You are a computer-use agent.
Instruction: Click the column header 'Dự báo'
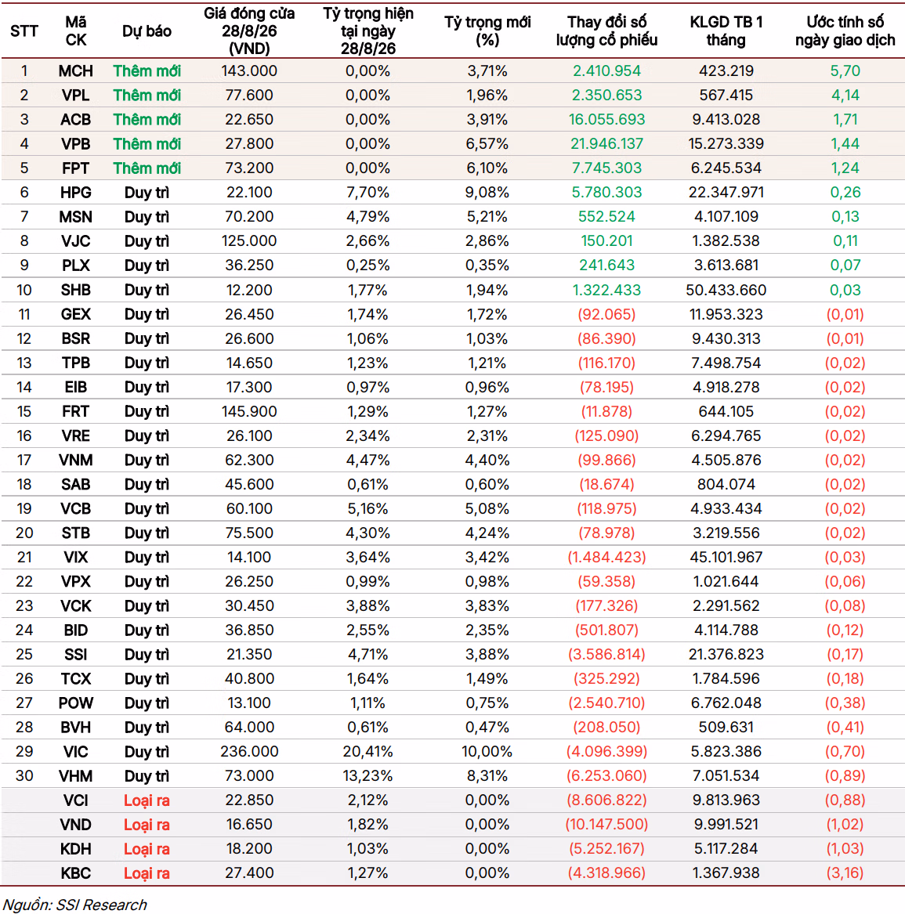point(147,31)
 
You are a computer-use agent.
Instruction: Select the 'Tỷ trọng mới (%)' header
point(487,31)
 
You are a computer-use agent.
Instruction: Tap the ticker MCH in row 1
point(76,71)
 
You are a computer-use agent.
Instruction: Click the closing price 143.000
point(249,71)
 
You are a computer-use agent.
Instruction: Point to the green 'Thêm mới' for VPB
point(147,144)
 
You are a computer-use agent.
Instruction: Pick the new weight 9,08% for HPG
point(487,193)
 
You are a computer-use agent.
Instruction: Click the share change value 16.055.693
point(607,120)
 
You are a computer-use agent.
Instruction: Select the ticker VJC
point(76,240)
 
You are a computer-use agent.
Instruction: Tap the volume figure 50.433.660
point(726,290)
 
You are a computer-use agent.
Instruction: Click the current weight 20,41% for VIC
point(368,751)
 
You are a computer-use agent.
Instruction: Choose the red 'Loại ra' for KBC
point(147,873)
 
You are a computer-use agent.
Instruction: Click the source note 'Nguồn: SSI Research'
point(74,904)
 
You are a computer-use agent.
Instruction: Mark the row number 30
point(24,776)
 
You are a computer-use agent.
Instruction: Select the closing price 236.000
point(249,751)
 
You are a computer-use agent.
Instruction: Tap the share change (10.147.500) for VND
point(607,824)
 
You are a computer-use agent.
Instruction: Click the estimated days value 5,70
point(845,71)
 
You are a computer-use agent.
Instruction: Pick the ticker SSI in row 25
point(76,655)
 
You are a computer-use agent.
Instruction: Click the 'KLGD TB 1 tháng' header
point(726,31)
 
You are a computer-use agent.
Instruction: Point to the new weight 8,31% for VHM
point(487,776)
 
